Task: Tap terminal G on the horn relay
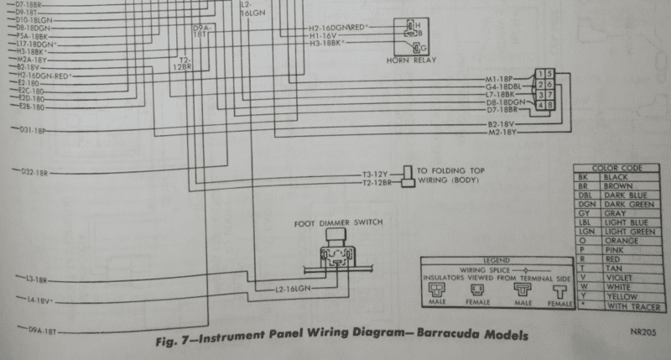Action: point(419,47)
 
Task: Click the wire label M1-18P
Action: point(502,80)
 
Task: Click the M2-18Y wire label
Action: point(502,133)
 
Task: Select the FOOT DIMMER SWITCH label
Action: point(339,222)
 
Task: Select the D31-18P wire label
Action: point(33,131)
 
